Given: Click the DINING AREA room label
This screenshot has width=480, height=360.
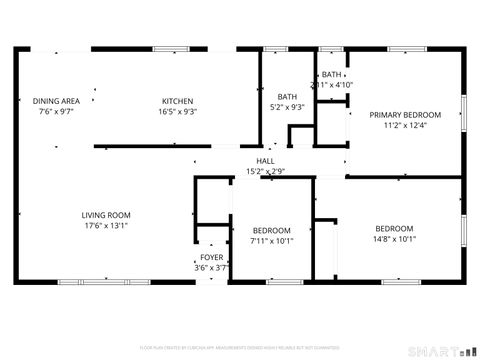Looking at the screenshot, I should (x=56, y=101).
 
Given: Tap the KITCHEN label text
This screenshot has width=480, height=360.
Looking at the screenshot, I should (x=177, y=101).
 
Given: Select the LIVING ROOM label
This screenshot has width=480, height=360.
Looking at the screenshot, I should (x=106, y=215).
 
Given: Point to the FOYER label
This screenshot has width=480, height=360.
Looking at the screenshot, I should (x=211, y=258).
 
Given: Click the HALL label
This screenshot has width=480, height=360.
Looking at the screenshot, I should (x=265, y=161).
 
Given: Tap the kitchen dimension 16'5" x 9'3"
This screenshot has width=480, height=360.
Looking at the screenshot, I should (x=177, y=111).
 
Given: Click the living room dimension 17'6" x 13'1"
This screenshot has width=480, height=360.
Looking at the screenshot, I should (x=106, y=225).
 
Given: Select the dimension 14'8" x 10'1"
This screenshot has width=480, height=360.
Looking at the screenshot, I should (x=394, y=239).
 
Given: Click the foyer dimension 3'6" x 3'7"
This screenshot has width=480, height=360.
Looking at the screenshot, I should (x=211, y=268).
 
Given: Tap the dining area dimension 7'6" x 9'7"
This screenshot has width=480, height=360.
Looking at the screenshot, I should (x=56, y=111).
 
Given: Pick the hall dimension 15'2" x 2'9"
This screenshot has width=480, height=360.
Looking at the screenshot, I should (x=265, y=171).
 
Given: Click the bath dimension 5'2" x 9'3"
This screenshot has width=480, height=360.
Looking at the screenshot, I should (x=287, y=107).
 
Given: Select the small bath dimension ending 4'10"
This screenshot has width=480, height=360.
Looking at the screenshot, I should (x=331, y=85).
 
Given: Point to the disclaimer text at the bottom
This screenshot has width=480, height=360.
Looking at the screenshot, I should (x=240, y=346).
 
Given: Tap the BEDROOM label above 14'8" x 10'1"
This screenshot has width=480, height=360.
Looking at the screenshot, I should (x=394, y=228).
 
